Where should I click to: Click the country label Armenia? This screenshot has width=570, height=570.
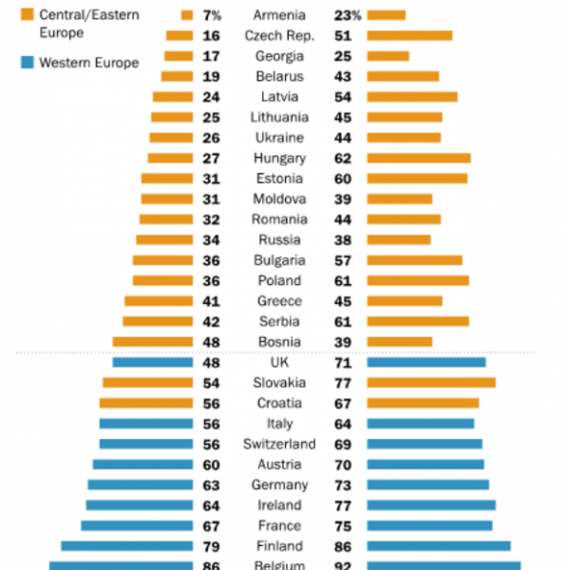[279, 15]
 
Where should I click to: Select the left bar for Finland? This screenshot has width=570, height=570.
[126, 546]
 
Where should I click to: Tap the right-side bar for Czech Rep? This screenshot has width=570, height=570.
[408, 36]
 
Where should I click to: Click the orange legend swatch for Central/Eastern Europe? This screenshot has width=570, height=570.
[26, 14]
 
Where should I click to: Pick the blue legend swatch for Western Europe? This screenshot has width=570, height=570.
[26, 63]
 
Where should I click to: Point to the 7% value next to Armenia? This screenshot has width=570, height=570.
[211, 15]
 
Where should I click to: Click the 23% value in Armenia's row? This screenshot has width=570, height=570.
[346, 15]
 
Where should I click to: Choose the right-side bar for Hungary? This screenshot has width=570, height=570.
[418, 159]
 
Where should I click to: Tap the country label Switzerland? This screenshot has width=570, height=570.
[279, 445]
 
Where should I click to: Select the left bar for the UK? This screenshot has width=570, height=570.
[153, 362]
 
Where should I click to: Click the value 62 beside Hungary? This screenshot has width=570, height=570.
[343, 159]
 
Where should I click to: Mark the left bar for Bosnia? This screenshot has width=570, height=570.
[153, 342]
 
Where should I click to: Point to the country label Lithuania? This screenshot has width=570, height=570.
[279, 118]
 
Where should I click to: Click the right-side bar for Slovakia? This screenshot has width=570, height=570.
[430, 383]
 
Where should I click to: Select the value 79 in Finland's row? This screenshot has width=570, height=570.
[212, 546]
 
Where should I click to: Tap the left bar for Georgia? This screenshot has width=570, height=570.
[179, 56]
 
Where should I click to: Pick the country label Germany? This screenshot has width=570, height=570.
[279, 485]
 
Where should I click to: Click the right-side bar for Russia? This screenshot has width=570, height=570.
[398, 240]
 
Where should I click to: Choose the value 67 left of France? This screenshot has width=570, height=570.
[212, 526]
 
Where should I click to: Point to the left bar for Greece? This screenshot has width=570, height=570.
[159, 301]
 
